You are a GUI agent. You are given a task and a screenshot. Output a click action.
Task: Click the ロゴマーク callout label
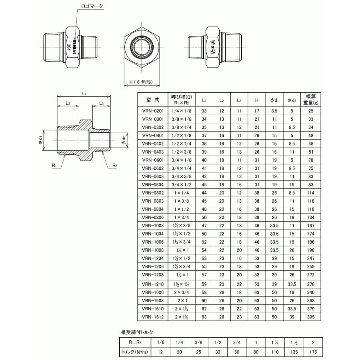[92, 6]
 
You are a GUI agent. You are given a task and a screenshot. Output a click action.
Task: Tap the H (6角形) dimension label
[141, 82]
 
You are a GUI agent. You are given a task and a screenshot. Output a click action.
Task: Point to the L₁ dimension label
[84, 93]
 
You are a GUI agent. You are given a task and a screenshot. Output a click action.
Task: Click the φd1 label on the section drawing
[40, 140]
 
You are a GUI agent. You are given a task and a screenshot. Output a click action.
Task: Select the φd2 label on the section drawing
[124, 140]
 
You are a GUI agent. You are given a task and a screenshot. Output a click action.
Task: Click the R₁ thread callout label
[54, 165]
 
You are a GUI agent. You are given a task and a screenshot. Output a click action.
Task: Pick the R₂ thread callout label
[115, 165]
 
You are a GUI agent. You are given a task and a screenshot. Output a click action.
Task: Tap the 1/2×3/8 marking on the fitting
[213, 47]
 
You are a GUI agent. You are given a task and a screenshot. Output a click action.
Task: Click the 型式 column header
[153, 100]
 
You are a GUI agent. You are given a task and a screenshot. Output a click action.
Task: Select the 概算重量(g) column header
[311, 100]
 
